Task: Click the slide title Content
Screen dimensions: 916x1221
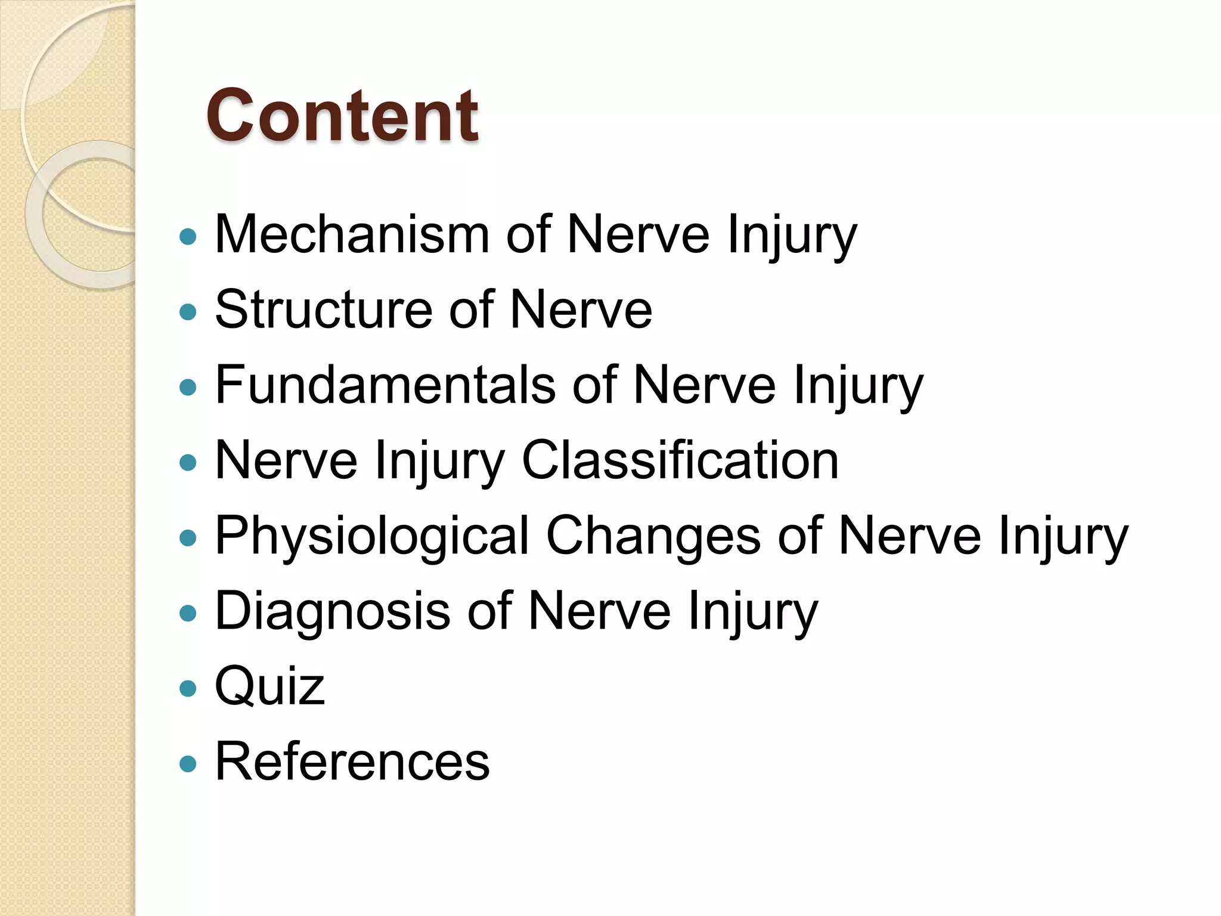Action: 342,116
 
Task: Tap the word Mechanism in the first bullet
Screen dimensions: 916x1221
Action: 352,234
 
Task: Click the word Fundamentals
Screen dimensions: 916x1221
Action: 385,385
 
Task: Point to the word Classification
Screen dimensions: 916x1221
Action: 680,460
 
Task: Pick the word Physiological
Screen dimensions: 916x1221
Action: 372,536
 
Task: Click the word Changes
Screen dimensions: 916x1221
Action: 653,536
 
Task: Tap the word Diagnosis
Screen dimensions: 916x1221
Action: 332,611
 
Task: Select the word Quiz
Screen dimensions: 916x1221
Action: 269,686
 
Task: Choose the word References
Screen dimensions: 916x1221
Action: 352,762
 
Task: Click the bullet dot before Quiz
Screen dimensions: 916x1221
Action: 188,689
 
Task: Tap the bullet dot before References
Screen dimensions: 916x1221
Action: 188,764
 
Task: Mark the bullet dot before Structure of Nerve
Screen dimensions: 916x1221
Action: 188,312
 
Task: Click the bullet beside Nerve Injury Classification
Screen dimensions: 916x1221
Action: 188,463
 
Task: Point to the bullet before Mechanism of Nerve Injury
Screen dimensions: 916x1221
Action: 188,237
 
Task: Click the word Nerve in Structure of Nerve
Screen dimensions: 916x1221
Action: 581,310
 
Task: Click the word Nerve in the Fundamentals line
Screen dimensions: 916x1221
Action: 704,385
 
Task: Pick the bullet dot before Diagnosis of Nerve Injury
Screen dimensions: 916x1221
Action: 188,614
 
